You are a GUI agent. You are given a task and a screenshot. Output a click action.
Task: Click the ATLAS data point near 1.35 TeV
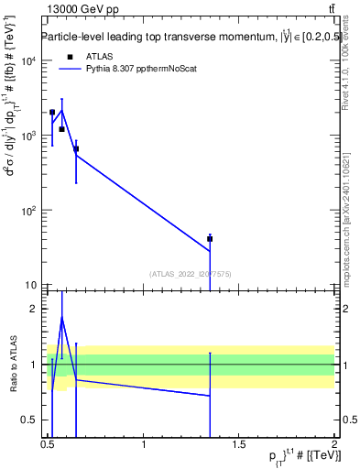(210, 239)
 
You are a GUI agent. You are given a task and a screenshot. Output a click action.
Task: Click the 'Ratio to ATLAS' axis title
(12, 365)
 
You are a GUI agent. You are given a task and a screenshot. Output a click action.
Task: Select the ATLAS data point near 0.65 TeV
(76, 148)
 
